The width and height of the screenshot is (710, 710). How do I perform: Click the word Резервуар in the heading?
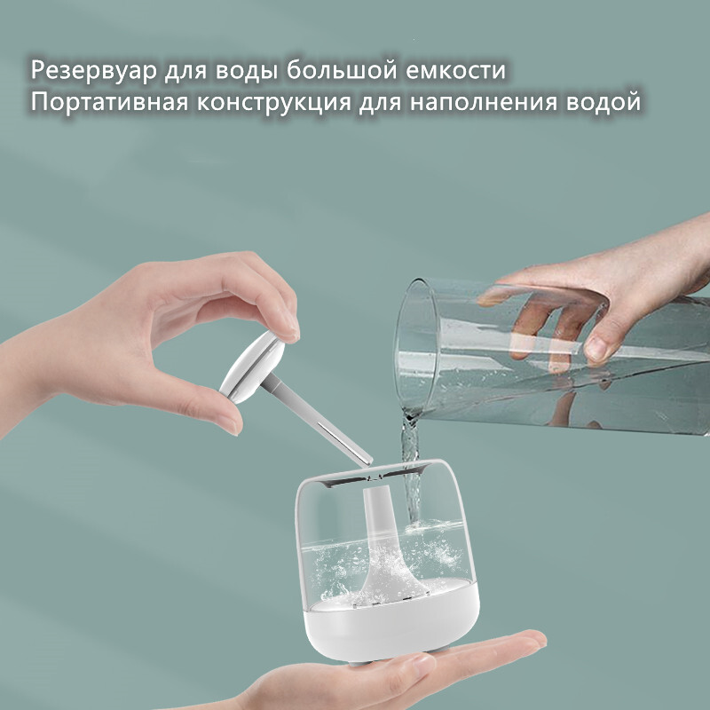pyautogui.click(x=94, y=71)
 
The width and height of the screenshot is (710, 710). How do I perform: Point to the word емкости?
pyautogui.click(x=455, y=71)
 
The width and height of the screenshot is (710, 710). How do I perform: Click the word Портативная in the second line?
pyautogui.click(x=109, y=102)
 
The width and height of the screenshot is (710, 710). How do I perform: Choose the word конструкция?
pyautogui.click(x=274, y=103)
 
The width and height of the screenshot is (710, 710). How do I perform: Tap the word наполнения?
pyautogui.click(x=484, y=102)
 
